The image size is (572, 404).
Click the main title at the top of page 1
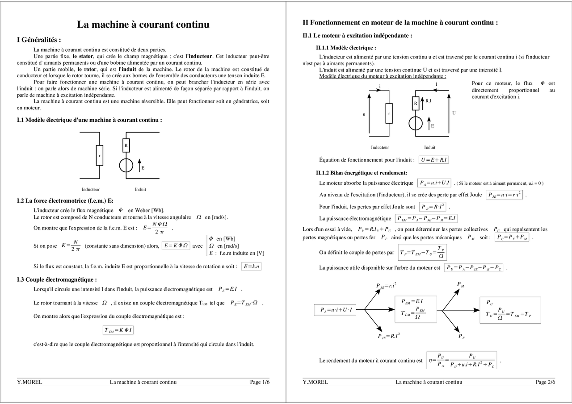pos(143,25)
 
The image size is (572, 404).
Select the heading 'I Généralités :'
pos(39,40)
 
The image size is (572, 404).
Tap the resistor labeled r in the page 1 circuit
pos(99,155)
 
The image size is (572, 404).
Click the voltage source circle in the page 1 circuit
pos(126,165)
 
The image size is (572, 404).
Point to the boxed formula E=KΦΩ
pos(177,246)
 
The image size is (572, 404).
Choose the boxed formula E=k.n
pos(251,267)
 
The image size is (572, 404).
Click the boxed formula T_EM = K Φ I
pos(118,330)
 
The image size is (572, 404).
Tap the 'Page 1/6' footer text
pos(260,382)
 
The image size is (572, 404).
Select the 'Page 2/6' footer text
pos(546,382)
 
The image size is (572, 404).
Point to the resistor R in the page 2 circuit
pos(415,103)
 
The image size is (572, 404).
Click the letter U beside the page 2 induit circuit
pos(454,113)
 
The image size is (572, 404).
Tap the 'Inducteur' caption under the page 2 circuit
pos(380,147)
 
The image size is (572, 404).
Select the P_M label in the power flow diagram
pos(460,284)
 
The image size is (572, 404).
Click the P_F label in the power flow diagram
pos(461,337)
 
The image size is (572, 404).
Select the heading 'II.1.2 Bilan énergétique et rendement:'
pos(361,173)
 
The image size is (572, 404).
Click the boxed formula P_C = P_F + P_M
pos(512,237)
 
